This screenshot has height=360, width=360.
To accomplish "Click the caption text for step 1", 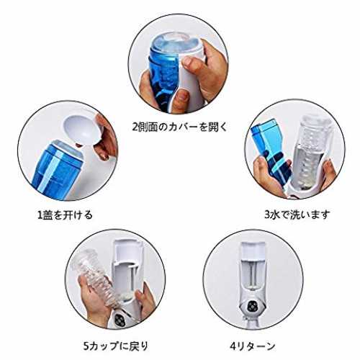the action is (65, 215).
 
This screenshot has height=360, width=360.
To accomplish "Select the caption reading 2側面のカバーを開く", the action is (180, 127).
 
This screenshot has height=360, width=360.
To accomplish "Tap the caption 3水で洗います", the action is (297, 215).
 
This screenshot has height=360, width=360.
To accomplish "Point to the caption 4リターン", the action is (252, 346).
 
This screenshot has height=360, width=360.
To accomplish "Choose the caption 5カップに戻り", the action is (116, 346).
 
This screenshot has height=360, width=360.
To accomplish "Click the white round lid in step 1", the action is (83, 130).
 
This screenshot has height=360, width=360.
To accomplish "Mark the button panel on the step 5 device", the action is (120, 319).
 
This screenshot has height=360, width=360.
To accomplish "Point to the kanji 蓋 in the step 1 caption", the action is (48, 215).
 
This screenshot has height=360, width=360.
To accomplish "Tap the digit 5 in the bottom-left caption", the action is (86, 346).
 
